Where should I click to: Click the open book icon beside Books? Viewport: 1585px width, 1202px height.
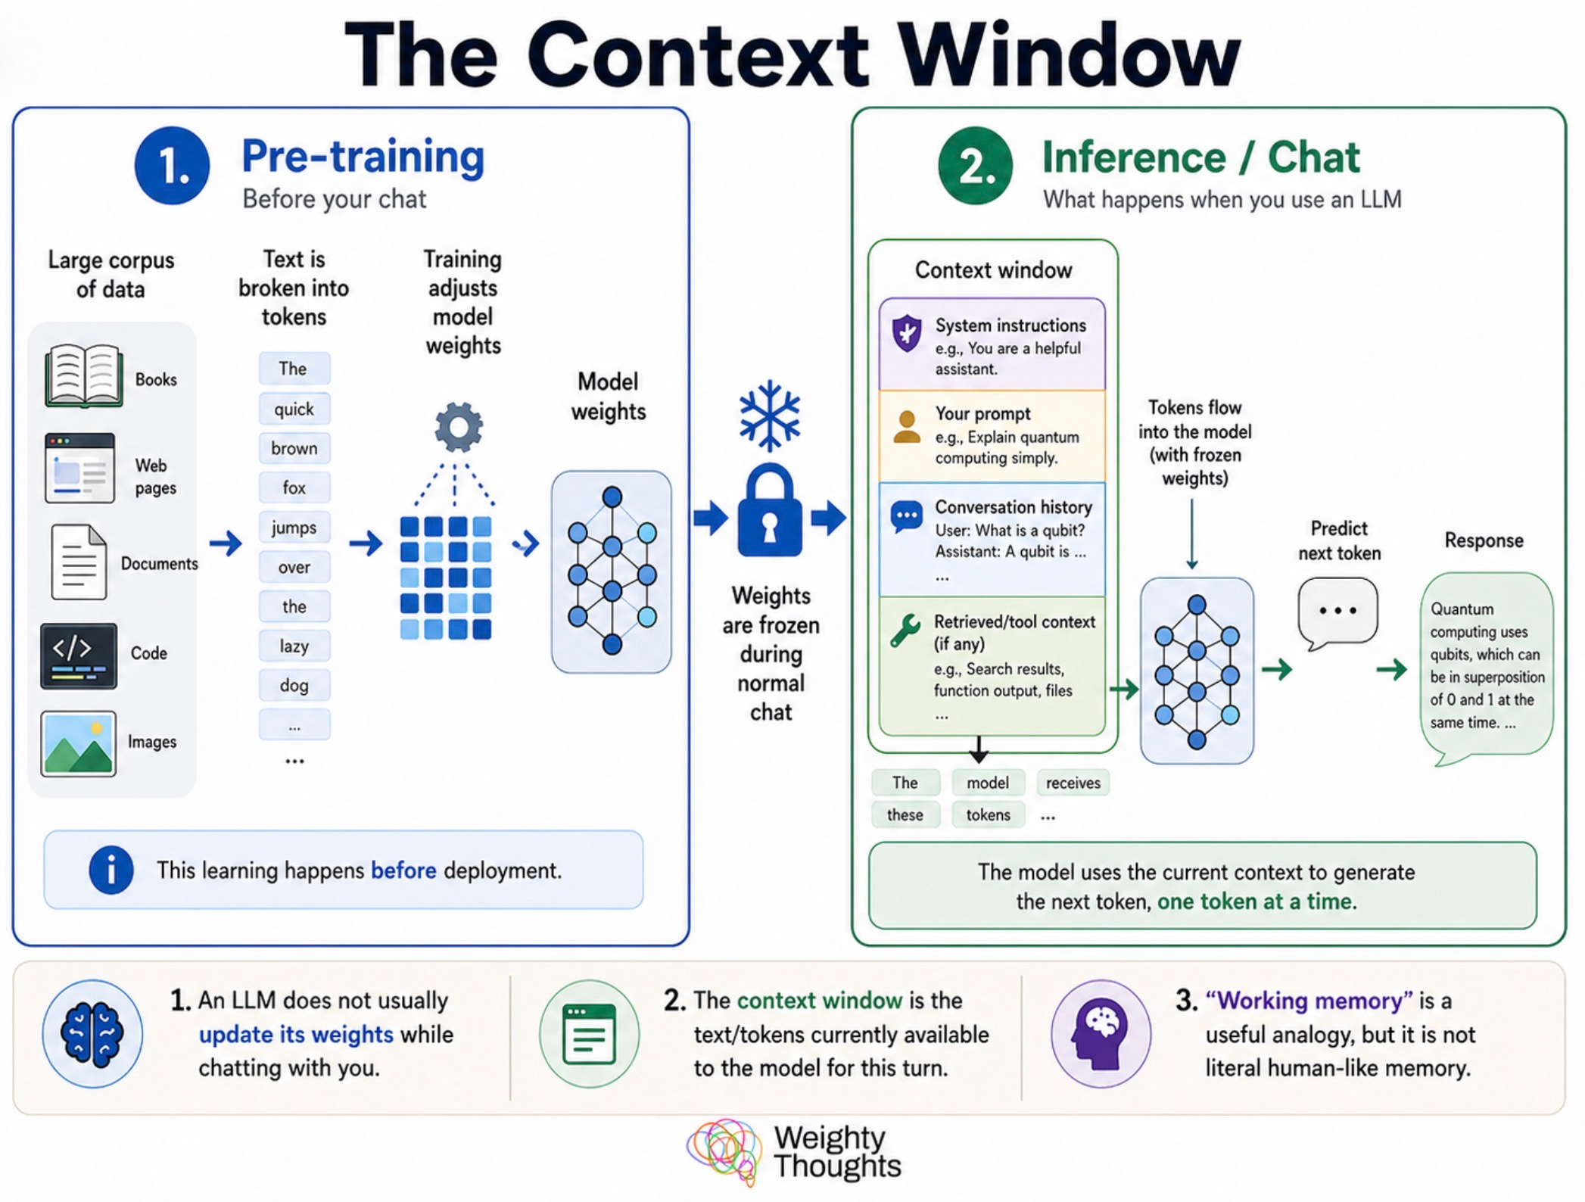83,375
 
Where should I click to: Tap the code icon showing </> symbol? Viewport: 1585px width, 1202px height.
79,655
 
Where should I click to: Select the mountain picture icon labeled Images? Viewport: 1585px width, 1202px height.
79,743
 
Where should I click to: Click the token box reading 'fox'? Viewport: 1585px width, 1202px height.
294,487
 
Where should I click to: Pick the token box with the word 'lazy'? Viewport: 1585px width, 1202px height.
294,646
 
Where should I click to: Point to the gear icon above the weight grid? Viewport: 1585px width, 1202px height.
458,427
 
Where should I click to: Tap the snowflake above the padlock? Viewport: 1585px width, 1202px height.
770,415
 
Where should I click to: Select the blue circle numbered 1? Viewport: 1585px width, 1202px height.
172,166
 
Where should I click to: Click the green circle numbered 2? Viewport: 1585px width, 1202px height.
975,166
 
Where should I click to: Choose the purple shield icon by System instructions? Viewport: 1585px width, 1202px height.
907,333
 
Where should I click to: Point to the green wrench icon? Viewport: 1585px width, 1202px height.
905,630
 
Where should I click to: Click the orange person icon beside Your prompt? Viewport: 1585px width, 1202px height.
907,427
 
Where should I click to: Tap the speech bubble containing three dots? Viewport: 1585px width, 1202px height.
1337,611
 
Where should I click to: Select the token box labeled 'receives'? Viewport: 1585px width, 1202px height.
1073,783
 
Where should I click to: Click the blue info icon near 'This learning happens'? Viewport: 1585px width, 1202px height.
111,870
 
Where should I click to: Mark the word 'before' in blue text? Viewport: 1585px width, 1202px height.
403,870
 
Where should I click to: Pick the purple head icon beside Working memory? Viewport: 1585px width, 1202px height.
1101,1034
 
